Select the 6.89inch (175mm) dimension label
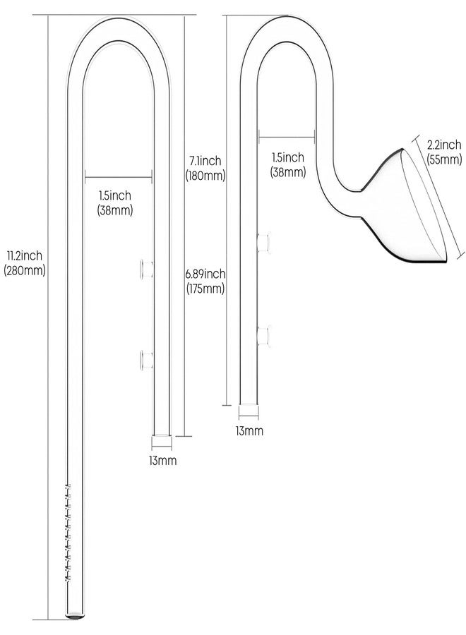pyautogui.click(x=205, y=281)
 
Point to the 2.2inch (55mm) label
pyautogui.click(x=444, y=152)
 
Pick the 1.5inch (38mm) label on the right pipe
pyautogui.click(x=289, y=164)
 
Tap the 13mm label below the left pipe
pyautogui.click(x=162, y=461)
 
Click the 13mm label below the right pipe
pyautogui.click(x=249, y=430)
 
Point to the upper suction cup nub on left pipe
pyautogui.click(x=147, y=267)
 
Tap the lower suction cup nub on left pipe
pyautogui.click(x=147, y=360)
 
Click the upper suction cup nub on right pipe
pyautogui.click(x=264, y=242)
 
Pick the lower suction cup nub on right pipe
pyautogui.click(x=264, y=336)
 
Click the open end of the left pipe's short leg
pyautogui.click(x=162, y=441)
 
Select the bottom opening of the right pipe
pyautogui.click(x=249, y=410)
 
